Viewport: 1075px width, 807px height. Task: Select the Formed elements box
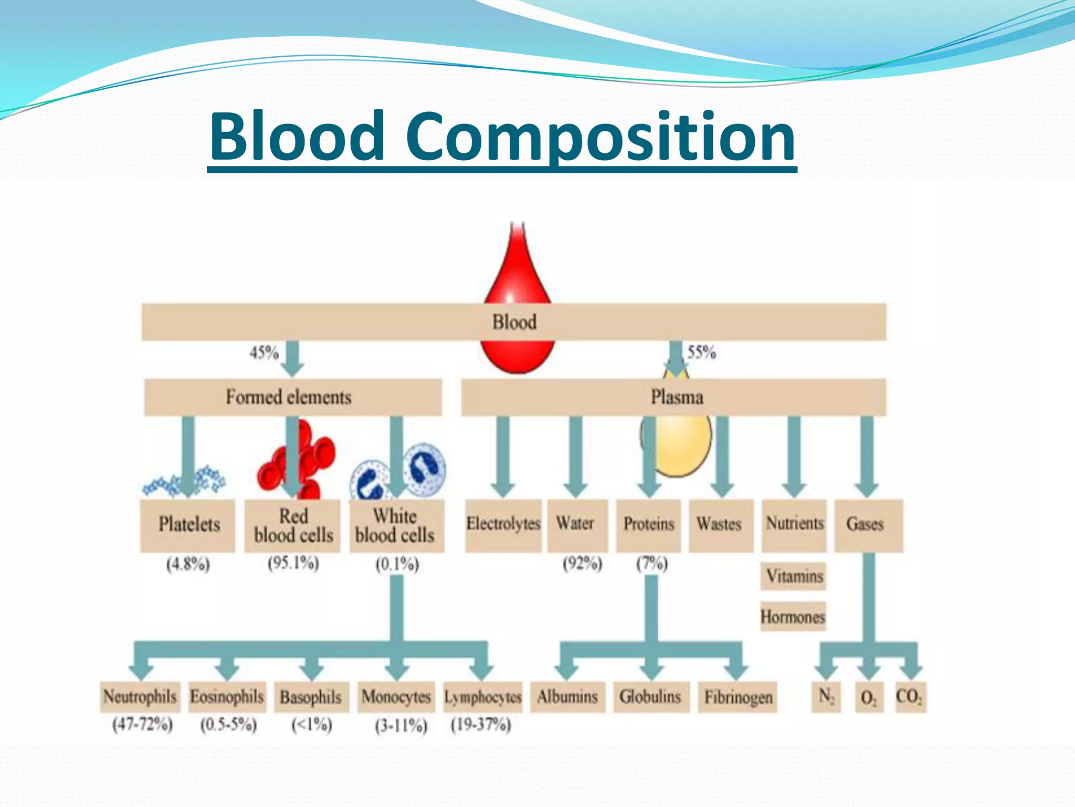coord(292,397)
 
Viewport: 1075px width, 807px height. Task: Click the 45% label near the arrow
coord(264,352)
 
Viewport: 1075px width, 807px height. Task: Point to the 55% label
coord(702,352)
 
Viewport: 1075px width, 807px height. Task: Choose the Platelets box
coord(188,525)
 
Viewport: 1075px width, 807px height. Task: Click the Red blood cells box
coord(293,525)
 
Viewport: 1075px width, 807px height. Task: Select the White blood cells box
coord(396,525)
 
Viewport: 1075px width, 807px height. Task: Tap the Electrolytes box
coord(503,525)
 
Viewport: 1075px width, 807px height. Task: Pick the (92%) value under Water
coord(582,564)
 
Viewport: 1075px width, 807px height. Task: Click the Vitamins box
coord(794,576)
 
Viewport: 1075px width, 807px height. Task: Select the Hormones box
coord(793,616)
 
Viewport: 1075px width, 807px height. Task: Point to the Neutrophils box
coord(140,697)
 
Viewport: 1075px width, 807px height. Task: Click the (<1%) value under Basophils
coord(312,725)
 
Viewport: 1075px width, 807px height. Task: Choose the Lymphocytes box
coord(483,697)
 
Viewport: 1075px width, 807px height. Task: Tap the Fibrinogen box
coord(737,697)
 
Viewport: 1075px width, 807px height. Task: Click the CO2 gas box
coord(910,697)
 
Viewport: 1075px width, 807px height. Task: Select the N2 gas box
coord(826,697)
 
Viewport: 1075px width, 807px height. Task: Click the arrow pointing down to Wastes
coord(722,457)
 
